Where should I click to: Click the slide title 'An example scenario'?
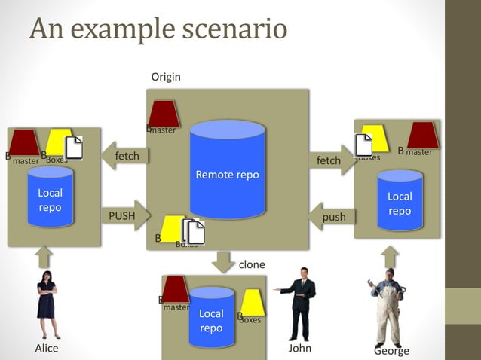(158, 29)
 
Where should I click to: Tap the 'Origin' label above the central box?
(166, 77)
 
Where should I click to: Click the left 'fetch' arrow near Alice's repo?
(124, 156)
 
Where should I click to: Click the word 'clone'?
(252, 264)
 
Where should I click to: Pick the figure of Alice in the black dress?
(47, 304)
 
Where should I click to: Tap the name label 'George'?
(391, 351)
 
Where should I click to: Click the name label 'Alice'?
(47, 349)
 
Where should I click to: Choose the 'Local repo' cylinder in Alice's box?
(51, 197)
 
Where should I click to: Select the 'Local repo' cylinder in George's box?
(400, 200)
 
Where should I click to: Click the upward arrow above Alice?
(46, 257)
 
